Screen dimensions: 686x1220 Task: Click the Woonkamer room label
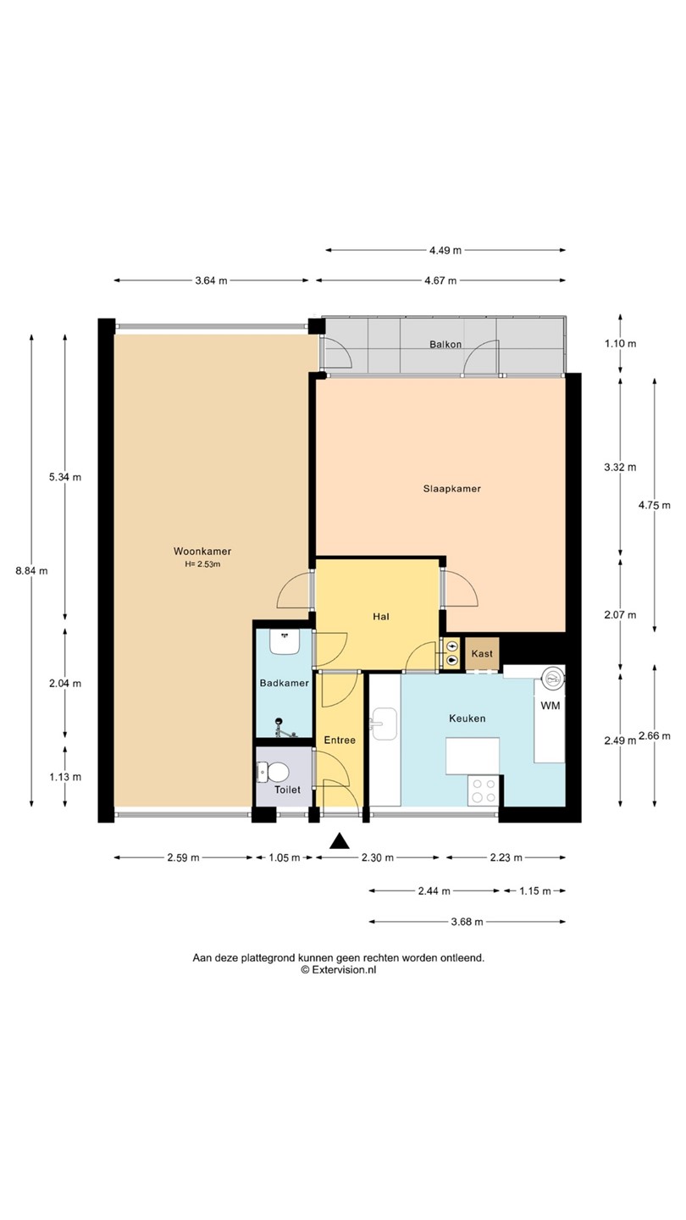[202, 552]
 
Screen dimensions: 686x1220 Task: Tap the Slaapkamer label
[452, 489]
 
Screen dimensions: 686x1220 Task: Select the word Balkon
[445, 344]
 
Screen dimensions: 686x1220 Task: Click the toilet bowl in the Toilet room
[275, 772]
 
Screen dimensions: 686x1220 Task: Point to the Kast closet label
[482, 653]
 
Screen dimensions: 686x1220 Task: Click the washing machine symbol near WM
[552, 678]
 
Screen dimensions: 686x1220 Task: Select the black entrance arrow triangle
[339, 841]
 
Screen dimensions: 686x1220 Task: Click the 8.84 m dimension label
[31, 571]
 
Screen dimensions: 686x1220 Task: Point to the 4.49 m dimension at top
[445, 251]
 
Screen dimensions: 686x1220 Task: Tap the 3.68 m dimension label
[467, 922]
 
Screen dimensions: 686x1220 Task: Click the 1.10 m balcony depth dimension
[620, 344]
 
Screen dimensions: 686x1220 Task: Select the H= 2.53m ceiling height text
[202, 564]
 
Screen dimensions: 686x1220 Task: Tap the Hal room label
[380, 617]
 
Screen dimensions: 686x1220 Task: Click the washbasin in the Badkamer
[284, 642]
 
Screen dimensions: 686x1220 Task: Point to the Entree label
[340, 740]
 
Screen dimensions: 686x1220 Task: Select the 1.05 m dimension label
[285, 857]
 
